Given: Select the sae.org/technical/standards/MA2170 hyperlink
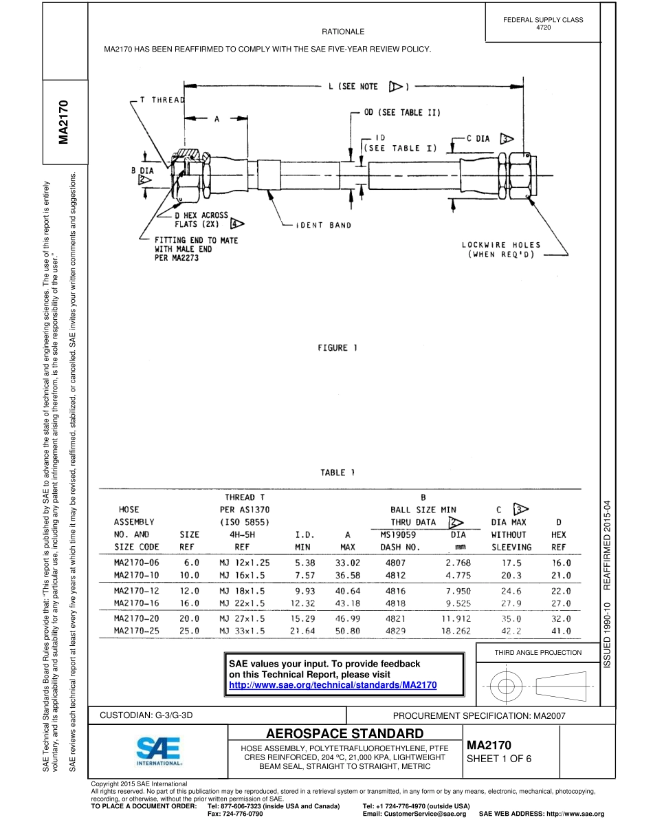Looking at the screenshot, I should click(x=332, y=685).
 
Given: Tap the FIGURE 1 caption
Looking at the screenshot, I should click(x=337, y=348).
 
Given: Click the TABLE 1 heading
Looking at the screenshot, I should click(x=337, y=473).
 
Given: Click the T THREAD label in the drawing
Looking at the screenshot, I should click(x=162, y=100).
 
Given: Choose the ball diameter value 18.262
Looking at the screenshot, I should click(x=458, y=630).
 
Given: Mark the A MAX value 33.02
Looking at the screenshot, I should click(x=348, y=562).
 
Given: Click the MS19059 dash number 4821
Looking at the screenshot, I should click(x=397, y=618).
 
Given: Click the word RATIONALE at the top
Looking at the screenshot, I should click(x=343, y=32).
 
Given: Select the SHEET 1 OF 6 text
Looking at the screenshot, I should click(x=499, y=759).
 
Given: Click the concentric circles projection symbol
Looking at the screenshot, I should click(x=506, y=685).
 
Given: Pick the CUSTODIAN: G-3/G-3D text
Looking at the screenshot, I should click(x=146, y=715).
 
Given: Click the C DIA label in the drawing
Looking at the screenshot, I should click(x=478, y=138).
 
